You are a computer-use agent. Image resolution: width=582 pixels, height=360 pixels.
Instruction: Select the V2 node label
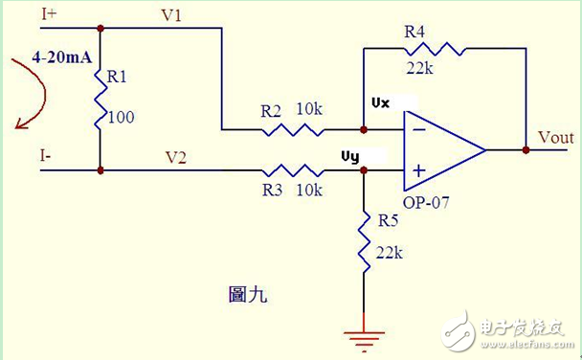tap(176, 156)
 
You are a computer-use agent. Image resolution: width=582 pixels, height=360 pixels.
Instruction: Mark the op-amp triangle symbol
tap(440, 149)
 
